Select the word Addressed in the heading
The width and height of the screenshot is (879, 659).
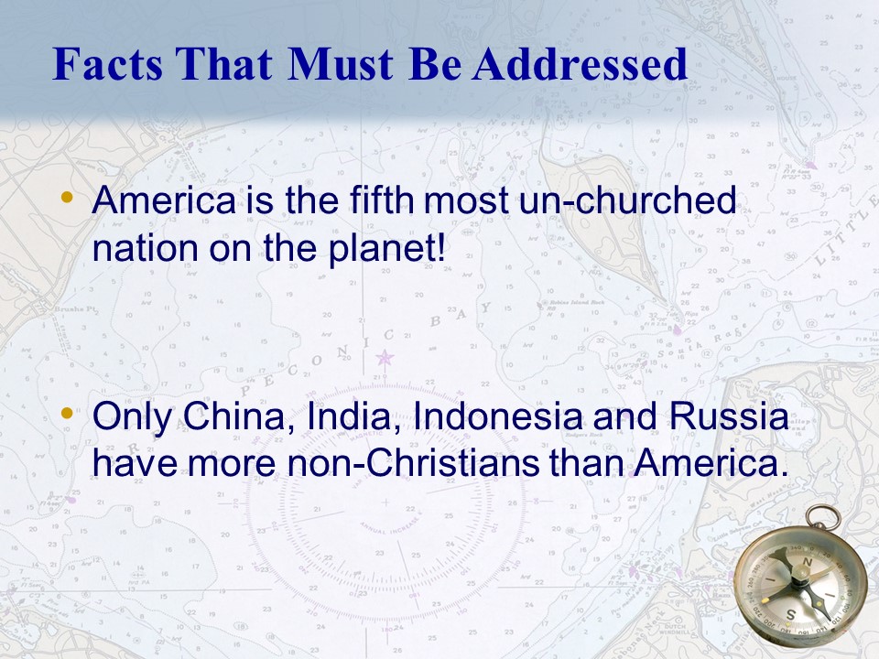click(x=580, y=63)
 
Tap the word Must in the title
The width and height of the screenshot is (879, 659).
click(x=341, y=63)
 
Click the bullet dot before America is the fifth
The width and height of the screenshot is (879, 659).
click(x=67, y=198)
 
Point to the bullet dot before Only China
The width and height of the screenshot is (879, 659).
click(x=67, y=414)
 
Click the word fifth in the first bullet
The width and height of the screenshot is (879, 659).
click(x=382, y=200)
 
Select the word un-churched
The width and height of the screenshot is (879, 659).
click(x=627, y=200)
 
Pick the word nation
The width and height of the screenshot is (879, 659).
click(x=146, y=248)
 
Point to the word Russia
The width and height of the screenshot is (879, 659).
click(x=729, y=416)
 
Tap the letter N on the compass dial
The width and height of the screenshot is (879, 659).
click(x=808, y=562)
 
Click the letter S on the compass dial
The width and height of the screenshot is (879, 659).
click(x=790, y=615)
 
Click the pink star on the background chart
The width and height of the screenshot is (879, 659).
click(x=385, y=357)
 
